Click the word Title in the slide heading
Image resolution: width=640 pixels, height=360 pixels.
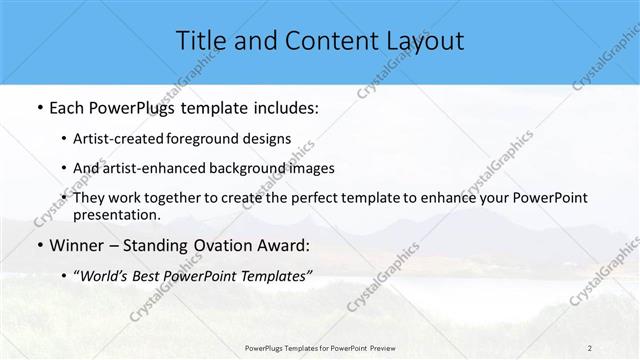click(x=201, y=41)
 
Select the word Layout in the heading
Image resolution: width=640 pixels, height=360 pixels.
click(x=424, y=41)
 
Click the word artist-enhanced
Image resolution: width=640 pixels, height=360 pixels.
click(x=150, y=168)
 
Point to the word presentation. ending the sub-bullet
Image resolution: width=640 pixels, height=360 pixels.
click(x=116, y=215)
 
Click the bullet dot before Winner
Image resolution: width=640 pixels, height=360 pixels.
click(x=39, y=246)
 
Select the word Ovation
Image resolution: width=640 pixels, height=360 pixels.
click(x=226, y=246)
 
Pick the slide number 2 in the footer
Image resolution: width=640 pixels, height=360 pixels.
click(x=590, y=348)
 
